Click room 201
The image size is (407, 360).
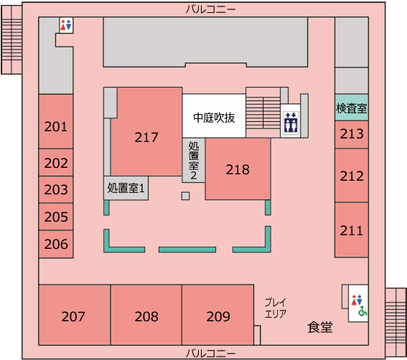click(x=55, y=127)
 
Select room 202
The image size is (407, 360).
click(x=55, y=163)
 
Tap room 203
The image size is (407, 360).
click(x=55, y=190)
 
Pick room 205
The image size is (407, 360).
click(x=55, y=217)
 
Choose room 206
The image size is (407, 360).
click(x=55, y=244)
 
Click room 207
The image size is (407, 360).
click(x=74, y=316)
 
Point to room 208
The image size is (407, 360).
click(x=146, y=316)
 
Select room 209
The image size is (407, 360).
click(x=217, y=316)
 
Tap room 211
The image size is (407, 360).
click(x=351, y=230)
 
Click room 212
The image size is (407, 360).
click(x=351, y=176)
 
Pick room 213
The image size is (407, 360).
click(x=351, y=134)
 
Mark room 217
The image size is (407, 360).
click(x=146, y=137)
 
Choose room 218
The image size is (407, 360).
click(x=238, y=170)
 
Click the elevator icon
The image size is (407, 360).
click(x=290, y=122)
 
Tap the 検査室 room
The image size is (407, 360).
click(x=351, y=108)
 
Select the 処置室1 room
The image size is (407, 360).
click(x=126, y=188)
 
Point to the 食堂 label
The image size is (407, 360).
click(x=319, y=327)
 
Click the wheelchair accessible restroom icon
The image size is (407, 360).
click(x=363, y=312)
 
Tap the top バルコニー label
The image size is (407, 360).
click(x=210, y=9)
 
